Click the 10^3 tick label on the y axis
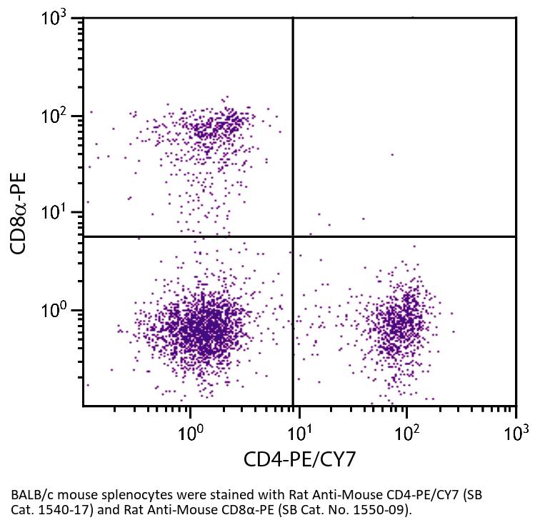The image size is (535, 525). pos(56,19)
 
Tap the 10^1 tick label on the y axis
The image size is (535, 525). pos(56,212)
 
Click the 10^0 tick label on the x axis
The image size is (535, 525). pos(191,431)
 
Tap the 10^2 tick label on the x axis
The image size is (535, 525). pos(407,431)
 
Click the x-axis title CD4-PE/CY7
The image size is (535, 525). pos(299,459)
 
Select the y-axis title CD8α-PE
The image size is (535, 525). pos(21,213)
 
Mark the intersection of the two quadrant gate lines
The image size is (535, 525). pos(293,236)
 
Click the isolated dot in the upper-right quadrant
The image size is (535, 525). pos(391,154)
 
